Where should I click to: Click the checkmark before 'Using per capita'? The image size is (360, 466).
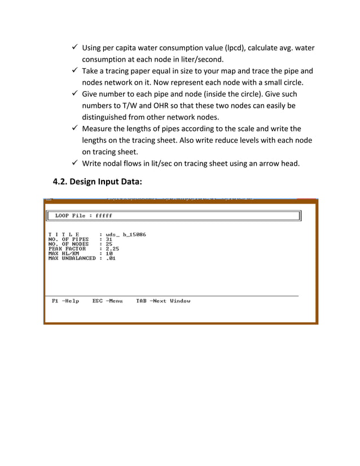pyautogui.click(x=74, y=46)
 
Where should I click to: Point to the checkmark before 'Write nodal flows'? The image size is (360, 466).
pyautogui.click(x=74, y=164)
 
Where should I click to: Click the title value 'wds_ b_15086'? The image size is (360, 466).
pyautogui.click(x=125, y=234)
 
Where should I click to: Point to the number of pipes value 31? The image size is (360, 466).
pyautogui.click(x=109, y=239)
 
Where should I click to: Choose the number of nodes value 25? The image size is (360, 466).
pyautogui.click(x=109, y=244)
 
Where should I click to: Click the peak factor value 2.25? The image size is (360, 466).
pyautogui.click(x=112, y=249)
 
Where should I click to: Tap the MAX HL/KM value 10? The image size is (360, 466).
pyautogui.click(x=109, y=253)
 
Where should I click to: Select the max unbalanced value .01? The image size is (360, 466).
pyautogui.click(x=111, y=258)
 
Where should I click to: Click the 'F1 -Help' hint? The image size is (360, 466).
pyautogui.click(x=65, y=301)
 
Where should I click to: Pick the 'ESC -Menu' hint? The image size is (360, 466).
pyautogui.click(x=107, y=301)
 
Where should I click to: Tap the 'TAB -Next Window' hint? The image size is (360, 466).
pyautogui.click(x=163, y=301)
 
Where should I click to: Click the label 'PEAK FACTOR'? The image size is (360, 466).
pyautogui.click(x=67, y=249)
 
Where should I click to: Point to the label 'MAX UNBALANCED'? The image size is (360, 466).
pyautogui.click(x=72, y=258)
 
